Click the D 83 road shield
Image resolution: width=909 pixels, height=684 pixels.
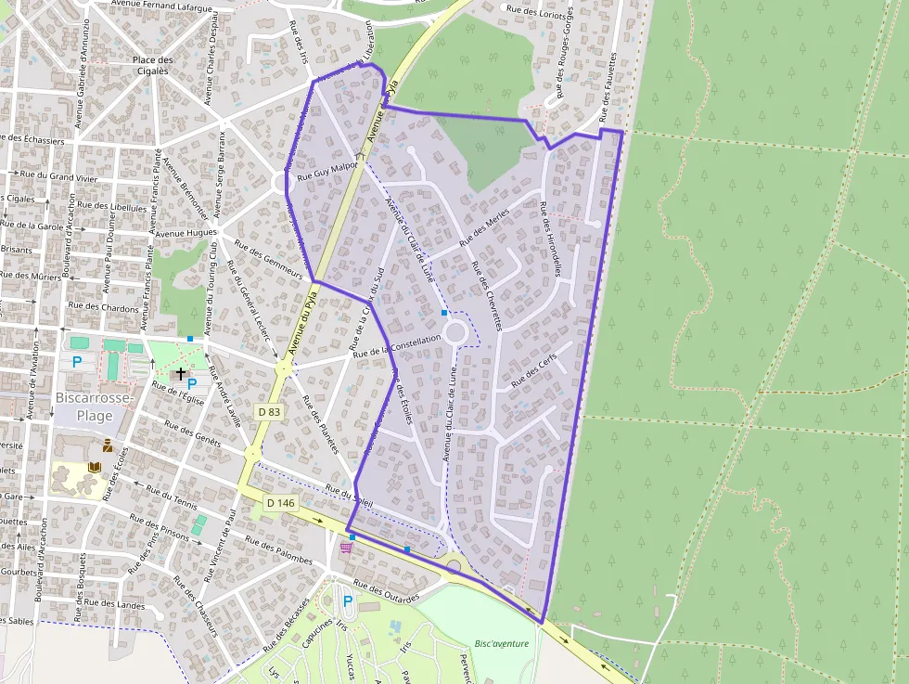(267, 411)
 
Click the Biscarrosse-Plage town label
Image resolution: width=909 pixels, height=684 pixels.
(96, 407)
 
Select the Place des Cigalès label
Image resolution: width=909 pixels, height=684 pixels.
(152, 66)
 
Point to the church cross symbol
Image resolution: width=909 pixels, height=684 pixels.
(180, 373)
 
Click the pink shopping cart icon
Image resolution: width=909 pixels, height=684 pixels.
(346, 548)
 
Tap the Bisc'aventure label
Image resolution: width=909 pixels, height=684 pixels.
(501, 643)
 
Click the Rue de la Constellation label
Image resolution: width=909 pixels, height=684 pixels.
(397, 346)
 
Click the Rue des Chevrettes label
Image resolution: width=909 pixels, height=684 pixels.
(486, 296)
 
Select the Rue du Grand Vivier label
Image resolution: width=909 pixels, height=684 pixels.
(59, 174)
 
